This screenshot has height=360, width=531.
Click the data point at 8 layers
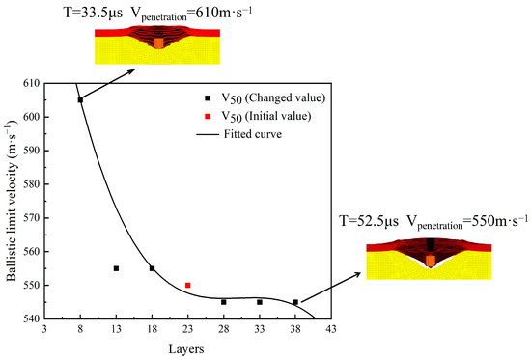80,99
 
